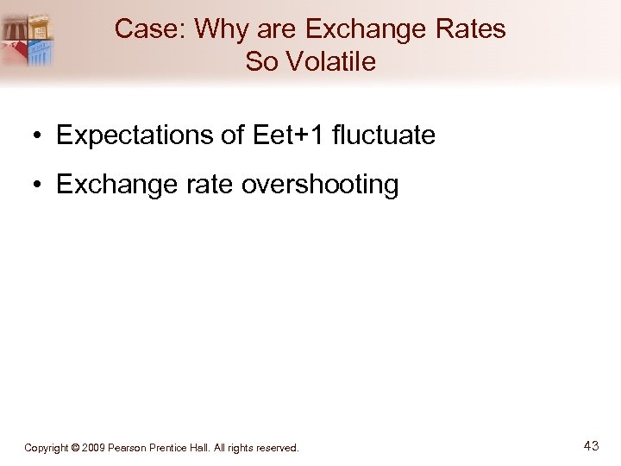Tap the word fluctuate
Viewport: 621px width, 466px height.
[384, 135]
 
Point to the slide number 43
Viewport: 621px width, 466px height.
[591, 446]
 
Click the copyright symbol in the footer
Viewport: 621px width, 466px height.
[75, 448]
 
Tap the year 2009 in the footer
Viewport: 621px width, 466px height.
[93, 448]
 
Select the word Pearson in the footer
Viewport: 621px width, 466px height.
[127, 448]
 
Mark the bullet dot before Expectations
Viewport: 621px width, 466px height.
[40, 136]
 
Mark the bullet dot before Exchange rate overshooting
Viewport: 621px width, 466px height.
[40, 186]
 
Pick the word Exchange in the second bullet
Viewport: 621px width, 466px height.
[113, 185]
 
